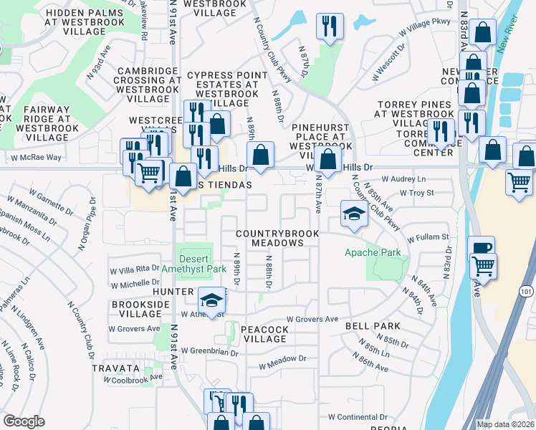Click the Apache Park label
(372, 252)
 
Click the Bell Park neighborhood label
(372, 326)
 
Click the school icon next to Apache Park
(353, 214)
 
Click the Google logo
(24, 421)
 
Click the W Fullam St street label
(428, 236)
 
